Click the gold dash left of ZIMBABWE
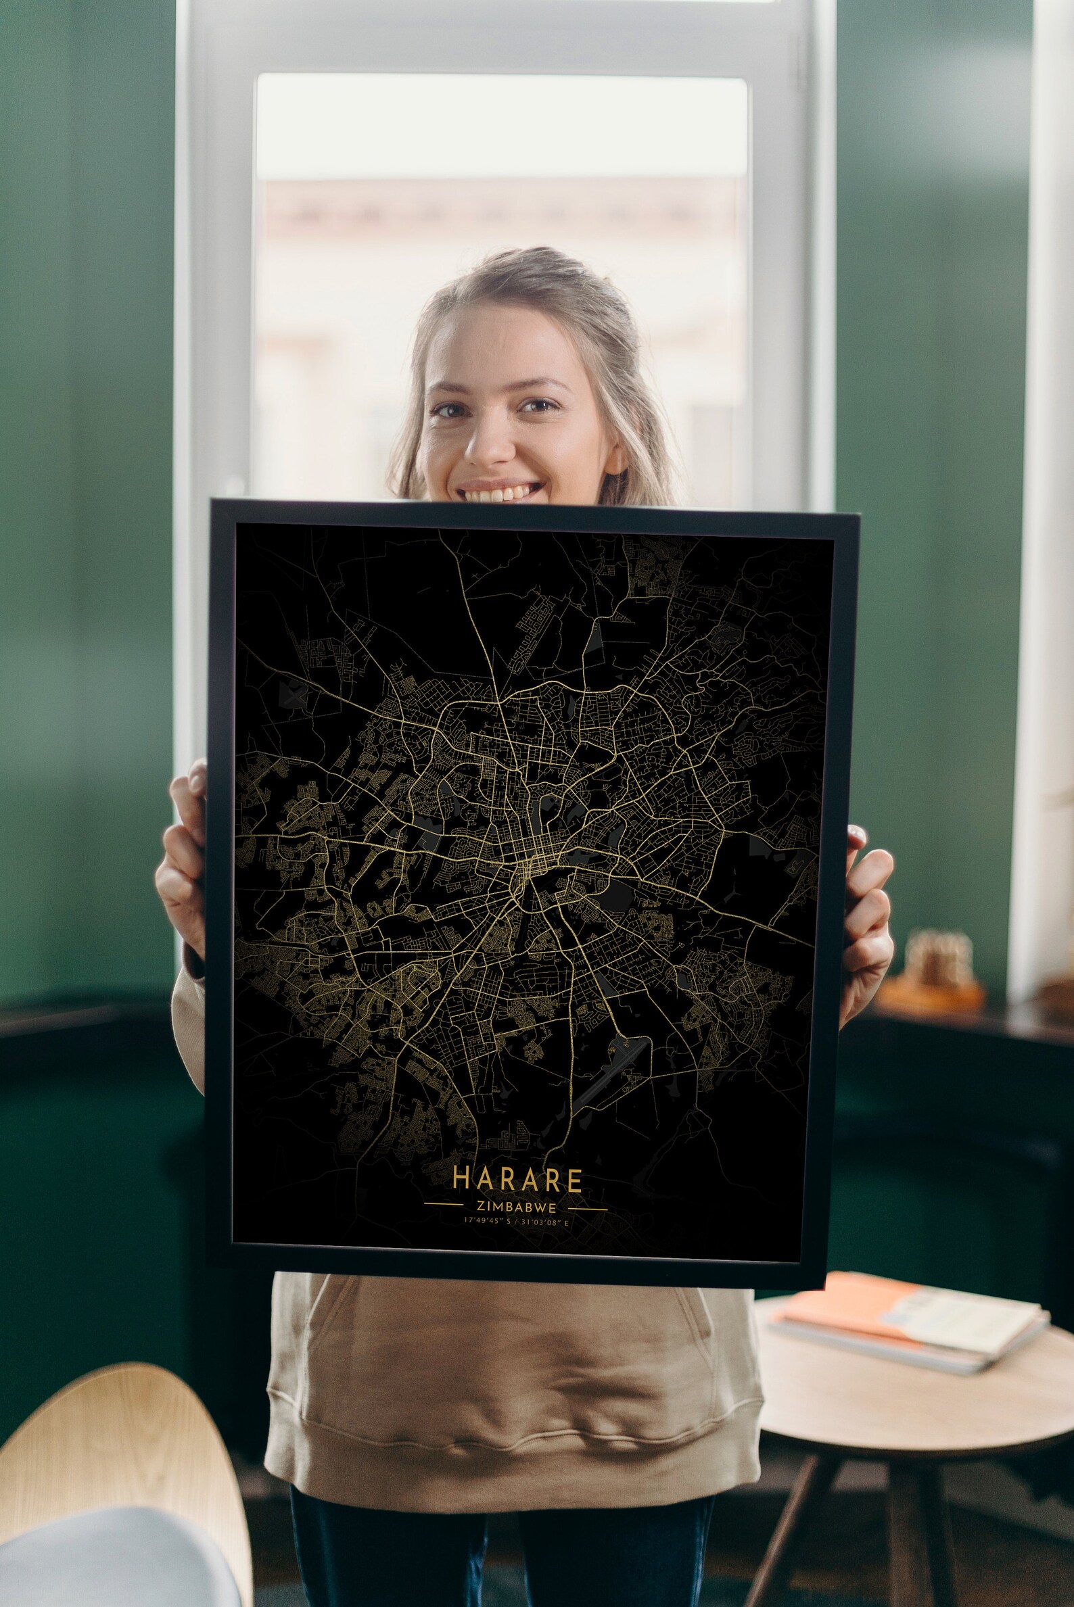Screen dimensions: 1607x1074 [x=444, y=1203]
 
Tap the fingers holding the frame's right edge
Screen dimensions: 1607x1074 [x=867, y=911]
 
